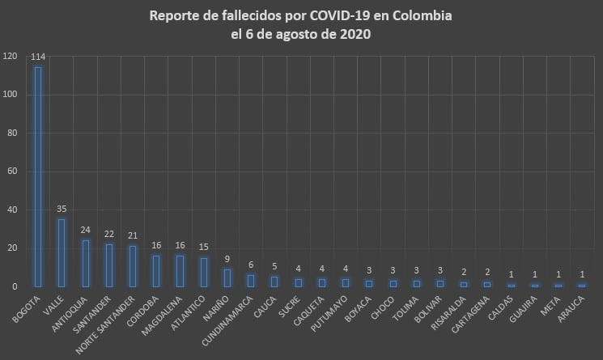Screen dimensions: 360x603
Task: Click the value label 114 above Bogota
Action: [37, 57]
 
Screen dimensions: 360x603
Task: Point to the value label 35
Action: [61, 210]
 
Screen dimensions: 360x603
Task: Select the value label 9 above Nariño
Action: [227, 260]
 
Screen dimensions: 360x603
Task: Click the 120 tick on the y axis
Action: [10, 57]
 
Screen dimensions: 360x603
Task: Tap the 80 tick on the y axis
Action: [12, 133]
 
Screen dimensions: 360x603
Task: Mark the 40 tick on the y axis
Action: [12, 210]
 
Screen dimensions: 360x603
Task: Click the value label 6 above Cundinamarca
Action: [251, 265]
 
